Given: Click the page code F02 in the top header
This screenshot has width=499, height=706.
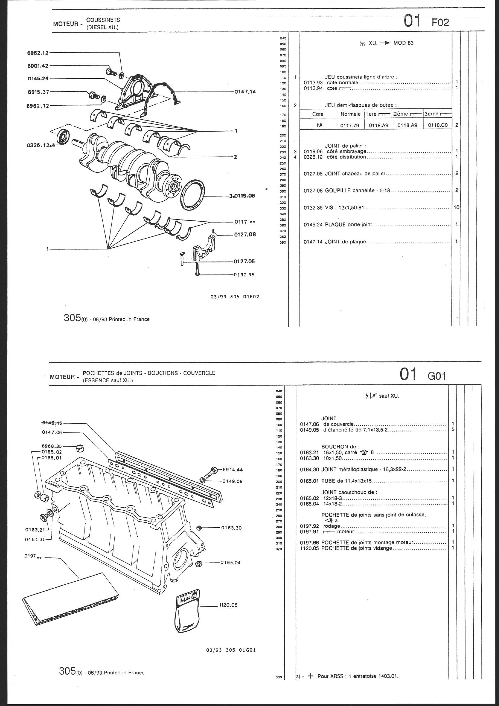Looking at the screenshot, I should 440,22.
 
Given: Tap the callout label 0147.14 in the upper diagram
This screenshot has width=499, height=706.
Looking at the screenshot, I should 245,91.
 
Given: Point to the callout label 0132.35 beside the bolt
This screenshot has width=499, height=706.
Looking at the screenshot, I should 244,275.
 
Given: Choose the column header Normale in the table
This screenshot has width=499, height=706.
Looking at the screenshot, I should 350,114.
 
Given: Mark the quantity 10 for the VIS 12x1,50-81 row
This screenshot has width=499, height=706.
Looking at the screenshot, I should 456,207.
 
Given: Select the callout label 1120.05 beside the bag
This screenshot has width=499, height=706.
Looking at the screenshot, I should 228,605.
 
